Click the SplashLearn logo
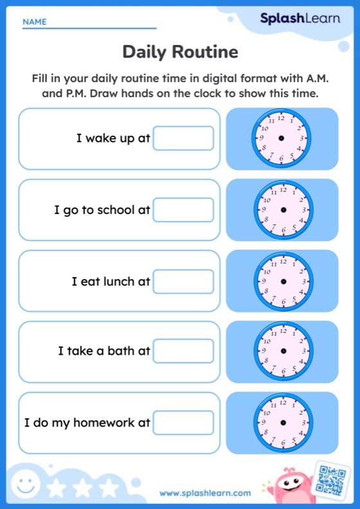[x=300, y=19]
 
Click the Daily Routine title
[x=180, y=51]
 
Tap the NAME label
[x=35, y=22]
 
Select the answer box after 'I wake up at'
[x=183, y=138]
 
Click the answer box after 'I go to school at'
[x=183, y=210]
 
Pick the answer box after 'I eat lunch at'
[x=183, y=281]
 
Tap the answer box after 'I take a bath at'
[x=183, y=351]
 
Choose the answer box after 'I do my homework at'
[x=183, y=422]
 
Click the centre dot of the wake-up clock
[x=282, y=138]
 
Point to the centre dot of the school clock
[x=283, y=210]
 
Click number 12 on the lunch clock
[x=283, y=261]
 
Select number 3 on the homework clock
[x=303, y=422]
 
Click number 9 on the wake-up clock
[x=261, y=138]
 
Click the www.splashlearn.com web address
[x=205, y=493]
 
